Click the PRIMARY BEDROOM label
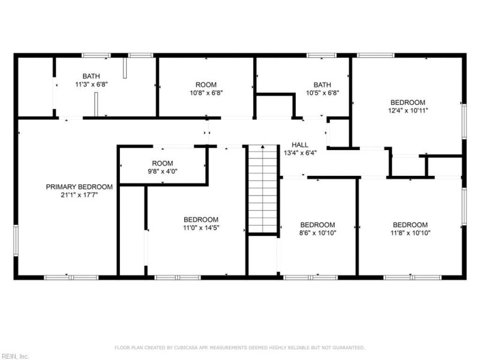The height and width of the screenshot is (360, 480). [79, 187]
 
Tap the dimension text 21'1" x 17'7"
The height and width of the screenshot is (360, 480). [79, 194]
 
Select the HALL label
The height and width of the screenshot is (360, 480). [299, 145]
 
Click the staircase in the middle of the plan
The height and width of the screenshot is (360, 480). [263, 188]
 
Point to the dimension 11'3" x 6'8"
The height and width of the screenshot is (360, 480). [91, 84]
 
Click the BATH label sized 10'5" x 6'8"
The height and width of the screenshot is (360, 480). [322, 85]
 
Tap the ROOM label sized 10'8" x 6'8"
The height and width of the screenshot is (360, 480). [206, 85]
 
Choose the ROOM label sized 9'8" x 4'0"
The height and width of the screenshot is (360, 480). [163, 163]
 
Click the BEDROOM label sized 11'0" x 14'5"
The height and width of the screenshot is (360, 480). [201, 220]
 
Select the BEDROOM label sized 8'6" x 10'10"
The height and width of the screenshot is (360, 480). [317, 224]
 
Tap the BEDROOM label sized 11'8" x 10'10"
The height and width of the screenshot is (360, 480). [410, 224]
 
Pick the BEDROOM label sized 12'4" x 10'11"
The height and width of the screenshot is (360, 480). [408, 102]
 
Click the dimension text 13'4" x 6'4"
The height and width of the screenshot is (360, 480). [300, 153]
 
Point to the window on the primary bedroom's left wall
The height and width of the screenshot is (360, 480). [16, 241]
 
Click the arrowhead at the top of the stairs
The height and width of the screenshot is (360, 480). [263, 146]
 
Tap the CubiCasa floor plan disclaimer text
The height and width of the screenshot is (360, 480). [239, 347]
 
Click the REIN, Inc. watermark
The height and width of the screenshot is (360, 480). [14, 356]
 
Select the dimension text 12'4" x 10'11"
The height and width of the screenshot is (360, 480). [408, 110]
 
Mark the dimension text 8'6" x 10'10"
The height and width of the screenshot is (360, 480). [317, 233]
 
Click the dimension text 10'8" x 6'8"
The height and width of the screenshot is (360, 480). [206, 93]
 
